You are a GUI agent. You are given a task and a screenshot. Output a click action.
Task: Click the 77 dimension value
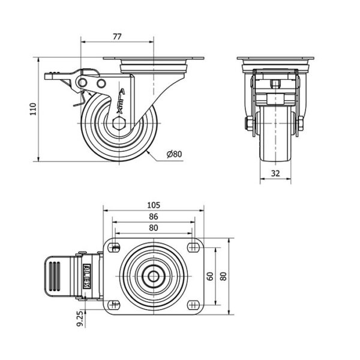tap(117, 37)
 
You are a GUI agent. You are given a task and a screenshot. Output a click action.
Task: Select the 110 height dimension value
tap(33, 109)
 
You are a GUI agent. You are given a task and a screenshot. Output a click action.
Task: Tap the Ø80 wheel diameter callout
tap(174, 154)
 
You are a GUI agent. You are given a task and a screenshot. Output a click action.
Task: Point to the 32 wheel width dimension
tap(275, 173)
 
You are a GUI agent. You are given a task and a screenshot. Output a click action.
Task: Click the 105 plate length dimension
tap(154, 205)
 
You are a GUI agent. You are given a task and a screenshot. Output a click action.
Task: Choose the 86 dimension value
tap(154, 217)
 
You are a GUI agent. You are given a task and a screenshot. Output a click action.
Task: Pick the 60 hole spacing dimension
tap(211, 276)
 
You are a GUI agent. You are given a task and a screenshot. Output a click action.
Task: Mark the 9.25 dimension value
tap(80, 320)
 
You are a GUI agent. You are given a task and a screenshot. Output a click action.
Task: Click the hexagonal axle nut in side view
tap(119, 124)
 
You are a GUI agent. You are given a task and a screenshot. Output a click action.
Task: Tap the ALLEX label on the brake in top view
tap(86, 276)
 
